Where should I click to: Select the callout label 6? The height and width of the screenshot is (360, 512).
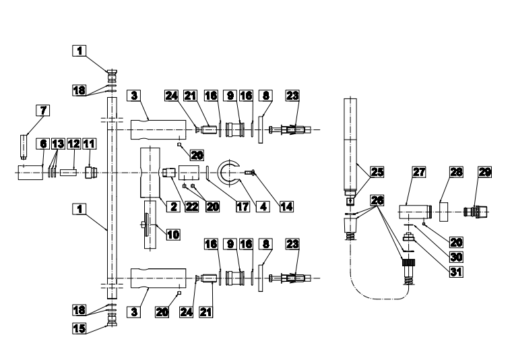(x=43, y=145)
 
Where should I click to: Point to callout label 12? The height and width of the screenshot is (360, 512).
(x=73, y=145)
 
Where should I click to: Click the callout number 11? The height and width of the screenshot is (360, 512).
(x=90, y=145)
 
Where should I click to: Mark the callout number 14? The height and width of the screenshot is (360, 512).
(x=286, y=207)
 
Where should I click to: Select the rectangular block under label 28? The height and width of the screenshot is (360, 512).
(x=445, y=211)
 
